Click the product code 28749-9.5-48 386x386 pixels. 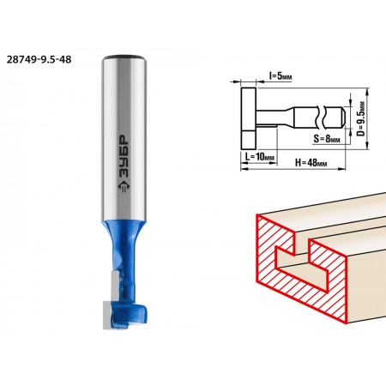click(39, 59)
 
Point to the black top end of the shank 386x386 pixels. click(125, 57)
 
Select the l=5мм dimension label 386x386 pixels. click(280, 76)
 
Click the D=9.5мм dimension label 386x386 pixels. click(361, 118)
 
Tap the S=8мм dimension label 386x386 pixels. click(327, 139)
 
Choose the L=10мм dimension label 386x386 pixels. click(260, 157)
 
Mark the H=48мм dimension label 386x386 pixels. click(311, 163)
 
